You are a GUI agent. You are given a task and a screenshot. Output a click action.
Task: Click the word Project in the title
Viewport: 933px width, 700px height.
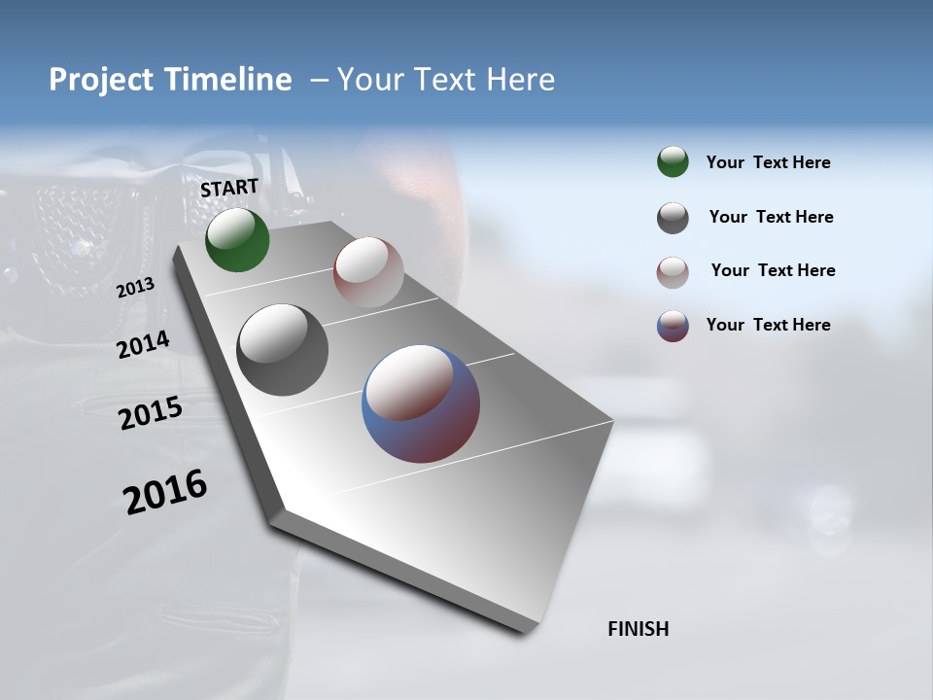point(102,80)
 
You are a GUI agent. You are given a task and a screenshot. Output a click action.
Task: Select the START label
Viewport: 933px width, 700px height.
point(229,188)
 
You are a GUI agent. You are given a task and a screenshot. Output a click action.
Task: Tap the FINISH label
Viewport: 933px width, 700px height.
point(639,629)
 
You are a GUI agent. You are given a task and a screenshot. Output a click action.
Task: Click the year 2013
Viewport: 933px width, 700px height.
point(135,288)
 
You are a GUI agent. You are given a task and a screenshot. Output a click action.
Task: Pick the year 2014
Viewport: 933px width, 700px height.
point(143,344)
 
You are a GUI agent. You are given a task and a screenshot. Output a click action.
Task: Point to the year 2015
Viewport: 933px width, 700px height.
point(151,413)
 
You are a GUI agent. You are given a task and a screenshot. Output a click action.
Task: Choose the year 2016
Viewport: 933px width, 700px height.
point(165,491)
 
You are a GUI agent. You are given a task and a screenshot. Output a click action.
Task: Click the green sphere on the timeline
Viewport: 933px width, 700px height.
point(237,239)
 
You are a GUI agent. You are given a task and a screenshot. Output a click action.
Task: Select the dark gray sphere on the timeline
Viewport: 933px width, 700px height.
point(282,349)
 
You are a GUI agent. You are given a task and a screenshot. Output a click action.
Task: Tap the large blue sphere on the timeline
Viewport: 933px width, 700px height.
point(421,403)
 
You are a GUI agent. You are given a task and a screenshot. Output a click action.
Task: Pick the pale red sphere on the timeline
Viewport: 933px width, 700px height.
point(368,271)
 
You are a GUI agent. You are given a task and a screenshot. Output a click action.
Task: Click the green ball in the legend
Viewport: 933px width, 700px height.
point(673,161)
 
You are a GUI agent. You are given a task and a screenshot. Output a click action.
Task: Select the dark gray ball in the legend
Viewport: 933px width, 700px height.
point(673,218)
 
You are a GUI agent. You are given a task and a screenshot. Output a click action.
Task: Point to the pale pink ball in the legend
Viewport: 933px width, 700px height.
point(673,272)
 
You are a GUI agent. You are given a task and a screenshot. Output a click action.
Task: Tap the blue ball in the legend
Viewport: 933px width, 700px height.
point(673,326)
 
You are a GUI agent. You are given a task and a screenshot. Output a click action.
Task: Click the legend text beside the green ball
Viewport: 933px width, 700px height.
point(769,162)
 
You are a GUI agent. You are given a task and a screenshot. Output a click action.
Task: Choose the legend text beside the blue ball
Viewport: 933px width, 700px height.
point(769,325)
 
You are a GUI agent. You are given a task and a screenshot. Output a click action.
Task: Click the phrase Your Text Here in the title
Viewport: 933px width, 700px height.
point(446,80)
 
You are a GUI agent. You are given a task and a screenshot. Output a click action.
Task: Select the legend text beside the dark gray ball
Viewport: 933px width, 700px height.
point(772,217)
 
